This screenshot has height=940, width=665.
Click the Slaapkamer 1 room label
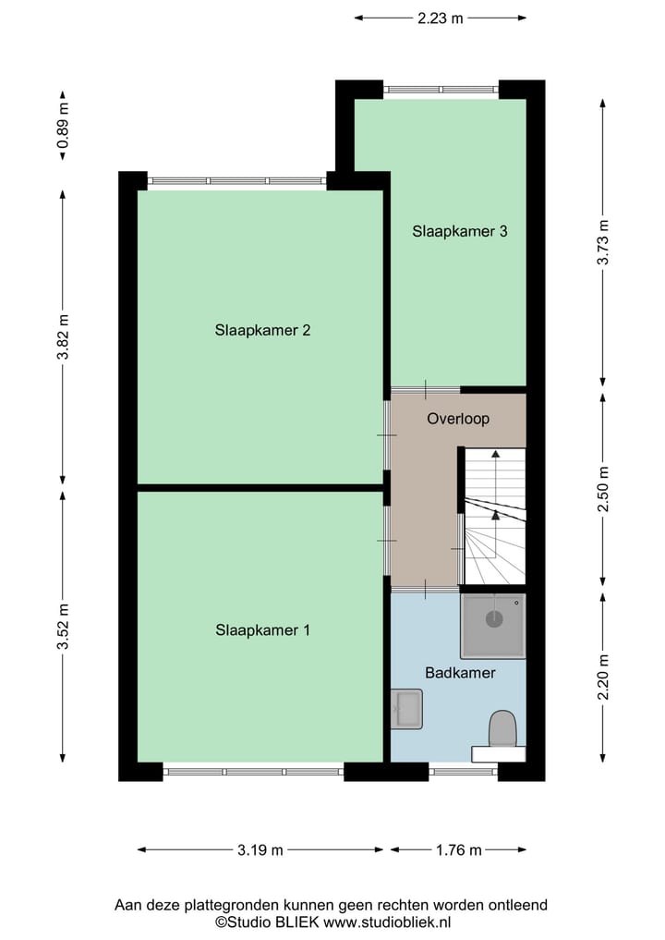pyautogui.click(x=262, y=630)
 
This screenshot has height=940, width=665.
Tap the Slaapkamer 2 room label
pyautogui.click(x=262, y=330)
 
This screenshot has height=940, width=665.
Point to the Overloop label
pyautogui.click(x=458, y=419)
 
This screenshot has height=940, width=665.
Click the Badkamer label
pyautogui.click(x=460, y=673)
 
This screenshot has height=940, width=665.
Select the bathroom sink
pyautogui.click(x=405, y=709)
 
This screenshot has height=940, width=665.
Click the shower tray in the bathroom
pyautogui.click(x=493, y=626)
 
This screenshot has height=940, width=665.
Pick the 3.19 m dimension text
pyautogui.click(x=260, y=850)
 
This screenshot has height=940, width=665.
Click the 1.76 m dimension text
pyautogui.click(x=458, y=850)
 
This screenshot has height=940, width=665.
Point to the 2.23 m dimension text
pyautogui.click(x=441, y=17)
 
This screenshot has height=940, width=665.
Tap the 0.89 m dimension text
pyautogui.click(x=63, y=126)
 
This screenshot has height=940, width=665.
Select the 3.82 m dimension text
pyautogui.click(x=63, y=337)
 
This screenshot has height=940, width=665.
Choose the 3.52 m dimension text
pyautogui.click(x=63, y=627)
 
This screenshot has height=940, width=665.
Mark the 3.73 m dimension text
pyautogui.click(x=603, y=243)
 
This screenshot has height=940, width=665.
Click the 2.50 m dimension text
pyautogui.click(x=603, y=490)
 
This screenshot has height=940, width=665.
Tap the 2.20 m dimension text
pyautogui.click(x=603, y=678)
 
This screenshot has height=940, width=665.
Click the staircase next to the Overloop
pyautogui.click(x=494, y=518)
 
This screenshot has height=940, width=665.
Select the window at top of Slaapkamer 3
pyautogui.click(x=441, y=90)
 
